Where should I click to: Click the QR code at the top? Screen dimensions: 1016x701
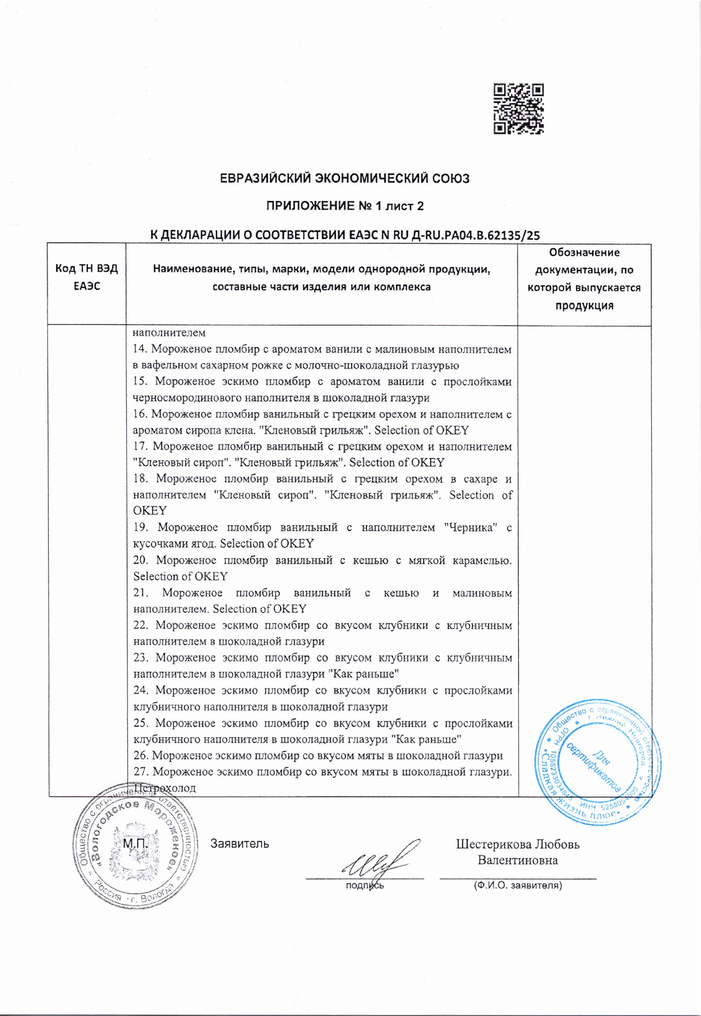[518, 109]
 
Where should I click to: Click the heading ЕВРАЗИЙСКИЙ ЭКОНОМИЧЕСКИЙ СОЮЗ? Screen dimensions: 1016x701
[344, 178]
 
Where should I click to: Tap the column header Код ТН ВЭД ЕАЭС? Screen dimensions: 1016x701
[87, 277]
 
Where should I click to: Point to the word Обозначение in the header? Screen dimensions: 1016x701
[584, 253]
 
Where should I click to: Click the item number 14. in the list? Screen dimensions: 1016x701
[140, 349]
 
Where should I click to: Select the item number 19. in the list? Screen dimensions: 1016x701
[141, 528]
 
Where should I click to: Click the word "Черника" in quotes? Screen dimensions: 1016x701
[470, 528]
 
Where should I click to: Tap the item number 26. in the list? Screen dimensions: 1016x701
[141, 755]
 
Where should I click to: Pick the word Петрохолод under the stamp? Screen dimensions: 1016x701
[165, 788]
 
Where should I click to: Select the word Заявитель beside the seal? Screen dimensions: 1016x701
[240, 843]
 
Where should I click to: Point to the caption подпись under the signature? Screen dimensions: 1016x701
[365, 886]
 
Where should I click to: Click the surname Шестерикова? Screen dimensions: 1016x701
[492, 844]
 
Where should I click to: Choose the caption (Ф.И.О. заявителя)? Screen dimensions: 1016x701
[518, 886]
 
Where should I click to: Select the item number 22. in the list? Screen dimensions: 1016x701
[141, 626]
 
